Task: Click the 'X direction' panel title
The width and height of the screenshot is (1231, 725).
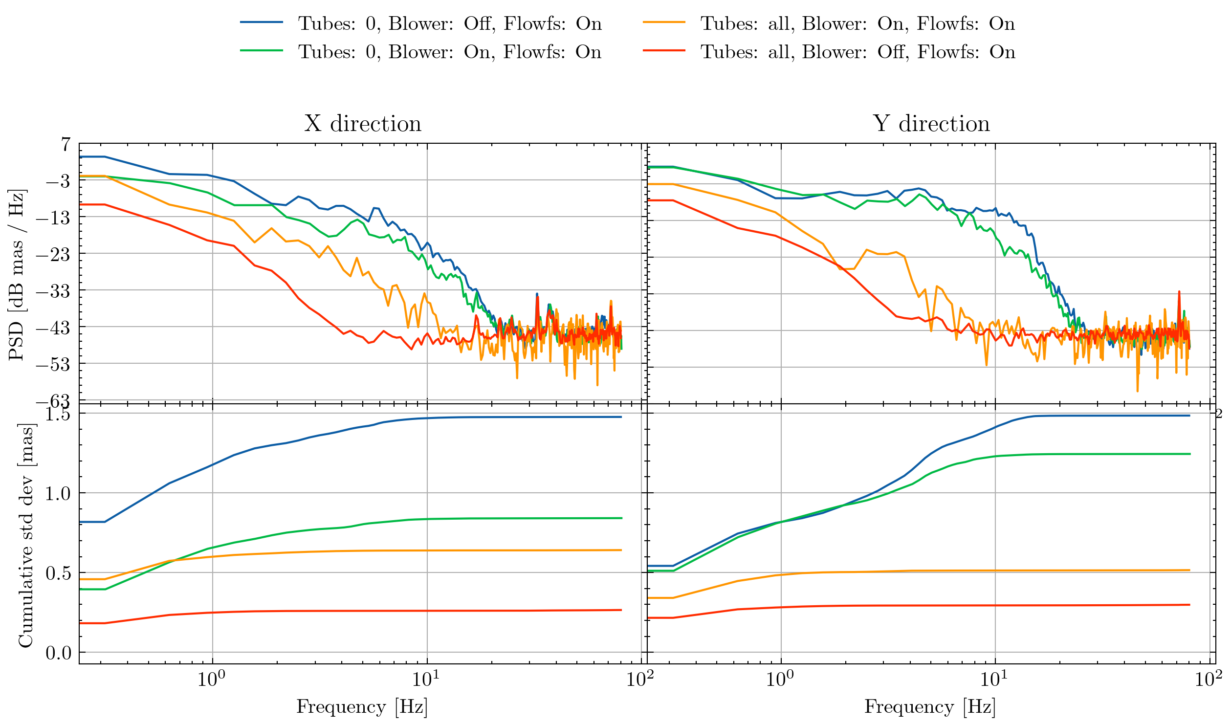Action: point(363,124)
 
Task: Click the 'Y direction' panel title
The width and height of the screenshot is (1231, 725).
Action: point(931,124)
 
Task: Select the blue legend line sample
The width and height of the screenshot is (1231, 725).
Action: point(262,22)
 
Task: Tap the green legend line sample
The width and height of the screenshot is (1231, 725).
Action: point(262,51)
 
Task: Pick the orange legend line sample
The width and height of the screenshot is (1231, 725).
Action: point(664,22)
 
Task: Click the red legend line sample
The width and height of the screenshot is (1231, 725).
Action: point(664,51)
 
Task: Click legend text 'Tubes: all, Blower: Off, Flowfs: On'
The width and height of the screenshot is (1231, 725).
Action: point(858,52)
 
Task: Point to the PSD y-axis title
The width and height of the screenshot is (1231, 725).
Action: point(17,275)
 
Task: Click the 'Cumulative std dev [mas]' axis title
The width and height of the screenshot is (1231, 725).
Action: point(25,536)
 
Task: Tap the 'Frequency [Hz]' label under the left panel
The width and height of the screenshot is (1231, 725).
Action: point(362,707)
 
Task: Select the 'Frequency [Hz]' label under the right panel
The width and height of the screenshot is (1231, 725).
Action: point(930,707)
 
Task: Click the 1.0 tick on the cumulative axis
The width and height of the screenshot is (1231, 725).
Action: point(58,494)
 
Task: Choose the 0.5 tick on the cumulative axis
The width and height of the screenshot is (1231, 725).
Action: point(58,573)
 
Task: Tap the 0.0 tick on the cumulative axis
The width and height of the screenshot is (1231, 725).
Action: point(58,653)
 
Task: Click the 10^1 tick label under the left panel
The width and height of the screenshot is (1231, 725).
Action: point(427,679)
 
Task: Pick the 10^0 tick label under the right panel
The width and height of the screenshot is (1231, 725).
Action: point(780,679)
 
